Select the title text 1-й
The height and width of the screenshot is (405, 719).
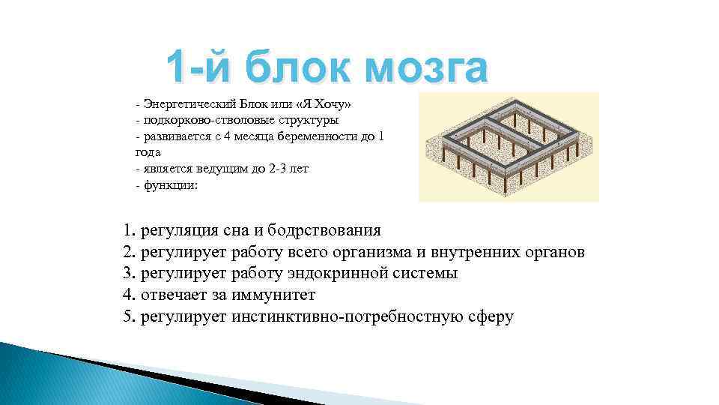(196, 69)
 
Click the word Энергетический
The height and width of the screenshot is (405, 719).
(189, 102)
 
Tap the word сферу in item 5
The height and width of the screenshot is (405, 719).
(488, 316)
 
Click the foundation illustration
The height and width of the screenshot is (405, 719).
(509, 147)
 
